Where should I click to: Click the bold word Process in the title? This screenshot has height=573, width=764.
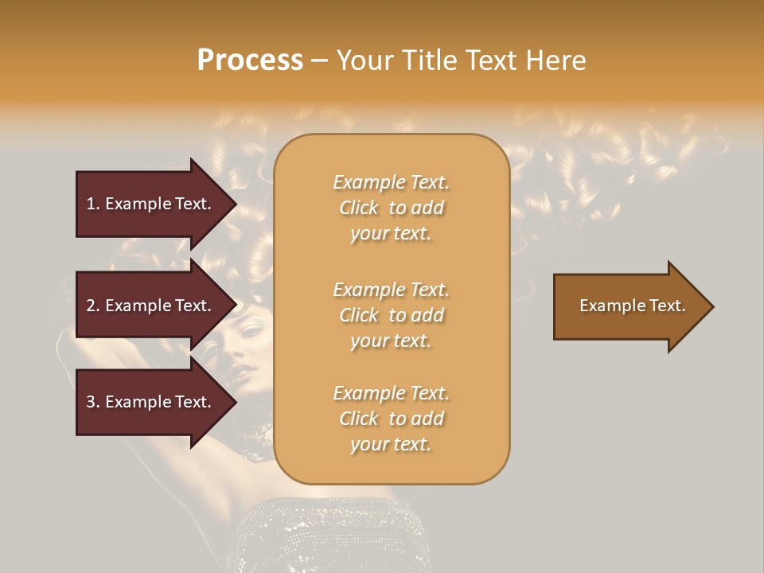click(x=250, y=60)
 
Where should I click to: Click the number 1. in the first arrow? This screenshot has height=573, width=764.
click(x=93, y=204)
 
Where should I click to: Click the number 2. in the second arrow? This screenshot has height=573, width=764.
click(x=93, y=306)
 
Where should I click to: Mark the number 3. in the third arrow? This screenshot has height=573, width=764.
click(x=93, y=402)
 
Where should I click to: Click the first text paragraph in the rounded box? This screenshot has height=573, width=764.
click(x=391, y=208)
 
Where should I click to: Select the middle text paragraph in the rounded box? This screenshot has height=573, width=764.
click(x=391, y=314)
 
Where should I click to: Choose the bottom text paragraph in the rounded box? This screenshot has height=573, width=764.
click(x=391, y=419)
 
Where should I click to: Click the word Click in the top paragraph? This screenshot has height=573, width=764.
click(x=359, y=208)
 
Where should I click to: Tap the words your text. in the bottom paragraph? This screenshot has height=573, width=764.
click(x=391, y=444)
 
